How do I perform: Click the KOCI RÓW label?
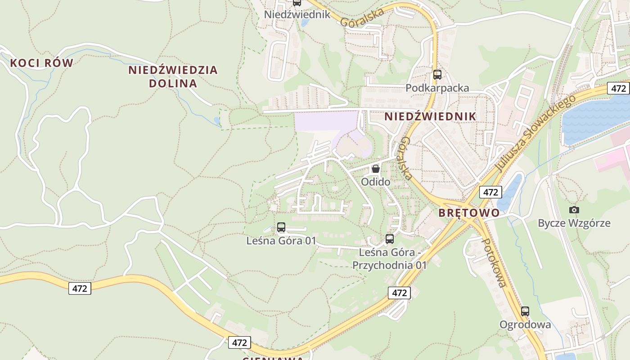point(41,63)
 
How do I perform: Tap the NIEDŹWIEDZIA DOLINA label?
point(173,76)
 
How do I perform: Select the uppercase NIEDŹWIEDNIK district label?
point(430,117)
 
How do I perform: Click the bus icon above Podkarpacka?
point(437,75)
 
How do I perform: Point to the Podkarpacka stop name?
point(437,88)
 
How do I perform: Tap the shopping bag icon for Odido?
point(375,169)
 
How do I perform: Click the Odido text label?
point(375,182)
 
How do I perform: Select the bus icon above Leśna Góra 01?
point(281,227)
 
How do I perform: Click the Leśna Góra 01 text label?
point(281,241)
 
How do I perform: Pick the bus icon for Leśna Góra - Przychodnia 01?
point(390,239)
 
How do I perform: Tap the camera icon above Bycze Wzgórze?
point(574,210)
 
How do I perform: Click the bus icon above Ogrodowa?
point(525,311)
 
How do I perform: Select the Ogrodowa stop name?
point(525,324)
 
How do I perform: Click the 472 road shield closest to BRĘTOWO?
point(490,192)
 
